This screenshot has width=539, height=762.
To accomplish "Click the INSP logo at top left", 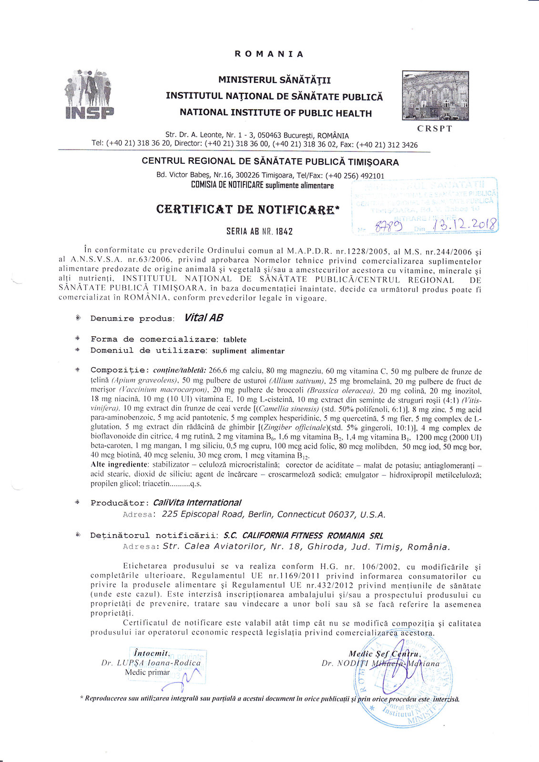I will point(89,94).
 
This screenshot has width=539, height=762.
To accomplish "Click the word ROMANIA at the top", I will point(269,54).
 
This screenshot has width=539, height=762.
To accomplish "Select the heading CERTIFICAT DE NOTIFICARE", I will point(245,210).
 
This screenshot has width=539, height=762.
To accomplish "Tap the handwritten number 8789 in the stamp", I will point(388,227).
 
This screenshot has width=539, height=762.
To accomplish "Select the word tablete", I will point(235,340).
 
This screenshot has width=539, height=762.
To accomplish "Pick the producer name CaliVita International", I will point(197,502).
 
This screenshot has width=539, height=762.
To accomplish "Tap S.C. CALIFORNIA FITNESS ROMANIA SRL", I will point(303,535).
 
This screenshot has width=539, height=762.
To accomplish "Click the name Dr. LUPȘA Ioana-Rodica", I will point(151,662).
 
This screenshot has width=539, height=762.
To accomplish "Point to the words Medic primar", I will point(147,672).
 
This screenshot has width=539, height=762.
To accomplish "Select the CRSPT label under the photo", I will point(434,129).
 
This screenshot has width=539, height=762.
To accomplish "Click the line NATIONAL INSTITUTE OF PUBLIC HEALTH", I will point(275,113).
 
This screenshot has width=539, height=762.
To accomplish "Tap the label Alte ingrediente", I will point(119,464).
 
